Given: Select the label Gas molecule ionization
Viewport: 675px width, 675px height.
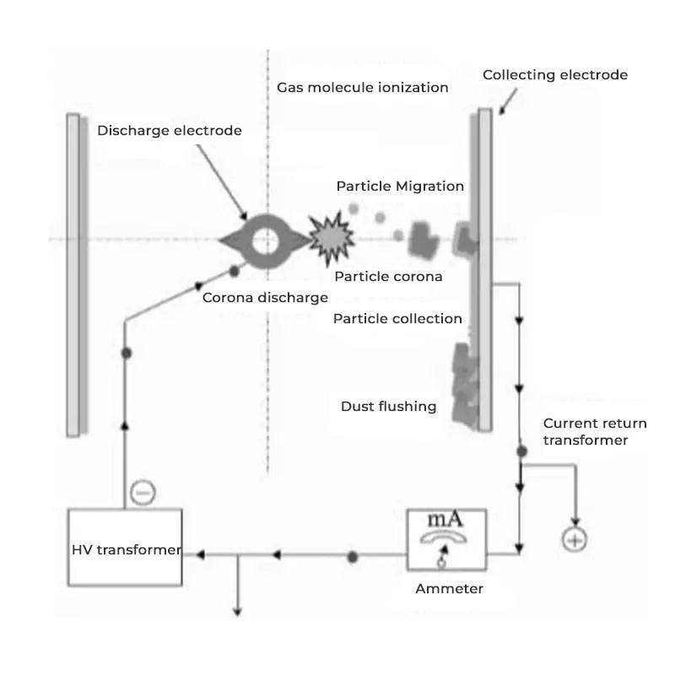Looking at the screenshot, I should (363, 87).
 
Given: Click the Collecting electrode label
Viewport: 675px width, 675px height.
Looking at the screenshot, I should (555, 75).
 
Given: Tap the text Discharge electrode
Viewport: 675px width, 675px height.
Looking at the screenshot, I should (170, 130).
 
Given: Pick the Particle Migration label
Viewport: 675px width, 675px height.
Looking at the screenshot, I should (400, 186).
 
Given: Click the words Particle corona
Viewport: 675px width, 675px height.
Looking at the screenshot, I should (388, 276).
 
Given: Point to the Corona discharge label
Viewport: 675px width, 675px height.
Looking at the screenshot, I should (265, 297).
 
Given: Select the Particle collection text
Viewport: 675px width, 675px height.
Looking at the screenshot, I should (397, 319).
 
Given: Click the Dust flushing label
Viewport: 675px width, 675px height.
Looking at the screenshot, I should (388, 406).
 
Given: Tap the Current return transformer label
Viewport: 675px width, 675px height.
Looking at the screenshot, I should (585, 431).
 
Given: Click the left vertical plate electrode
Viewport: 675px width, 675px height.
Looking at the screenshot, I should (73, 274).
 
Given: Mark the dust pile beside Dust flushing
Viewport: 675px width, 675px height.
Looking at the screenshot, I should (465, 384).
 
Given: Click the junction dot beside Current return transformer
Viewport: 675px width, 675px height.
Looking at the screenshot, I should (521, 452).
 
